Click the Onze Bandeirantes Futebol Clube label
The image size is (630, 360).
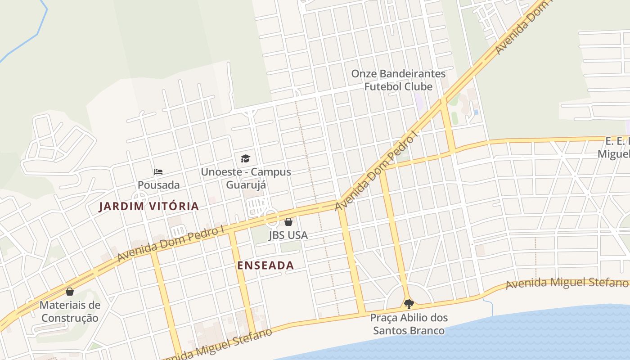(398, 80)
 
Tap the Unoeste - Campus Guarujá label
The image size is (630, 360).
(246, 178)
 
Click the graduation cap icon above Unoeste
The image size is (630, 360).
(245, 158)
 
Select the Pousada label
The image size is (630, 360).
(158, 185)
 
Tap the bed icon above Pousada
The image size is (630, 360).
(158, 171)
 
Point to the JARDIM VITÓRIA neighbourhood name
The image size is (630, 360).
(149, 207)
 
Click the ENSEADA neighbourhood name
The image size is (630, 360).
(265, 265)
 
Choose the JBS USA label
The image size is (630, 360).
(288, 235)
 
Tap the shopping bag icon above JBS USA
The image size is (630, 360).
(288, 222)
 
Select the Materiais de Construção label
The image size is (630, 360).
(70, 311)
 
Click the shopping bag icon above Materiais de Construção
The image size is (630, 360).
(70, 292)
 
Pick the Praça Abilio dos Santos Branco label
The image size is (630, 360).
(409, 324)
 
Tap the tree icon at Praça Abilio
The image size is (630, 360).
(409, 304)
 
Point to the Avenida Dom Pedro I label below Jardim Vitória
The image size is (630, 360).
(171, 243)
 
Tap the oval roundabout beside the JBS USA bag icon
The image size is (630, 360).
(271, 218)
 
